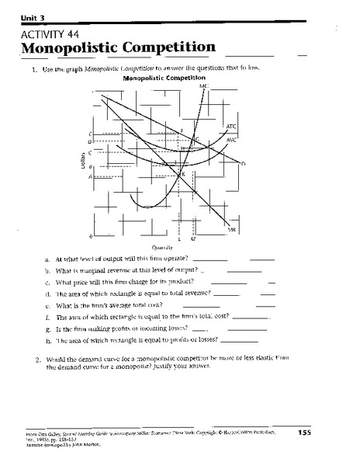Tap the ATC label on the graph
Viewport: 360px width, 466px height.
click(231, 126)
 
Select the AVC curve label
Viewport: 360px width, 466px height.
click(231, 140)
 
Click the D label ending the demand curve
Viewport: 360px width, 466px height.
click(243, 163)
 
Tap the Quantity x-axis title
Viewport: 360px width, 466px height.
click(161, 248)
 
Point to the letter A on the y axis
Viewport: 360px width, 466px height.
click(91, 177)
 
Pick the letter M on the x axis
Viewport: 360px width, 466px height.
click(192, 239)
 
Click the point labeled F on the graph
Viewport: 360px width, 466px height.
click(182, 130)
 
